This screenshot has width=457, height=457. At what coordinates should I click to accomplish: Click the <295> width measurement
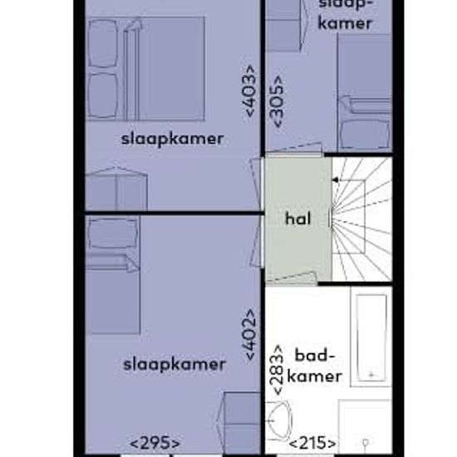(155, 443)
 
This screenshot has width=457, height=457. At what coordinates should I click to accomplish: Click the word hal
(297, 220)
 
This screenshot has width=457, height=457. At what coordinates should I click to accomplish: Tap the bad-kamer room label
(317, 366)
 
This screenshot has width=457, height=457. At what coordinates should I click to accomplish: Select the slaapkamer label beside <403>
(172, 139)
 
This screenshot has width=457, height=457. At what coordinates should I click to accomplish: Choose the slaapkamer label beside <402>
(174, 364)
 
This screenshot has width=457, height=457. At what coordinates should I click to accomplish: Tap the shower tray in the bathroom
(366, 428)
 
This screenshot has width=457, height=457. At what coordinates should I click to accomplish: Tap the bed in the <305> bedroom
(364, 91)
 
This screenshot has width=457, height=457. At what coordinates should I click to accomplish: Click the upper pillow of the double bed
(103, 43)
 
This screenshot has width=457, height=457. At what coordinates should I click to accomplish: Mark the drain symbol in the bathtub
(371, 374)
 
